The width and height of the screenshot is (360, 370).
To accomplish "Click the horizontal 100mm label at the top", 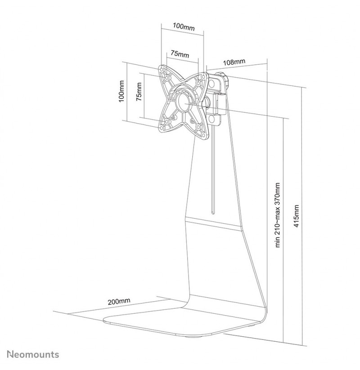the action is (184, 27).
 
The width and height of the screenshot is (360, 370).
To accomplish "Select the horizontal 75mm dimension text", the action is (180, 54).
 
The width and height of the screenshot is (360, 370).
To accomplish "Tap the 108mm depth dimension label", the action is (234, 62).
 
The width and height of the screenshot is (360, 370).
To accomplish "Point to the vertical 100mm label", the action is (121, 91).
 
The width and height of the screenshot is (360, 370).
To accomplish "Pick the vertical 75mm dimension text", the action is (139, 92).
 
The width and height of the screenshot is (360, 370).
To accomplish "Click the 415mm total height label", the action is (296, 216).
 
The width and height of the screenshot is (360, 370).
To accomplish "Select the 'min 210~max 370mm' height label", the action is (278, 215).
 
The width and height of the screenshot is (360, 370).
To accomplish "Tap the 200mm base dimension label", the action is (119, 302).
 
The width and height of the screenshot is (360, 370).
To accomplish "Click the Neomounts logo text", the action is (33, 354).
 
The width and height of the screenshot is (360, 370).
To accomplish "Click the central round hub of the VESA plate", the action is (183, 102).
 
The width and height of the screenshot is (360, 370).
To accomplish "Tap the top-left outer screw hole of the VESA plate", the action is (162, 70).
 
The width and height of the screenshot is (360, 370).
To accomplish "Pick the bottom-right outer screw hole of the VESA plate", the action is (203, 135).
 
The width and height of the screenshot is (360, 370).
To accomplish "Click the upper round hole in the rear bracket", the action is (212, 83).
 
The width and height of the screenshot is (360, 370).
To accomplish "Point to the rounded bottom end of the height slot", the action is (212, 213).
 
